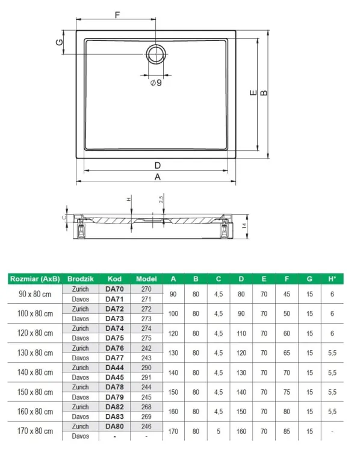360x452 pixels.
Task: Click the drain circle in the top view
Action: [155, 54]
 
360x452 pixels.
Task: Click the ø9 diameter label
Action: [155, 83]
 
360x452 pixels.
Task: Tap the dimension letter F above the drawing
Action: [117, 13]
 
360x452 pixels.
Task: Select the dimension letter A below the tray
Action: [158, 177]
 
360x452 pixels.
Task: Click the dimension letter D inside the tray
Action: [157, 165]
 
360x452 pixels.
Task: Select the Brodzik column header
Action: [80, 279]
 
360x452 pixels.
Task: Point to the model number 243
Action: [146, 357]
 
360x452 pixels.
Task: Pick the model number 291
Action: [146, 377]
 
